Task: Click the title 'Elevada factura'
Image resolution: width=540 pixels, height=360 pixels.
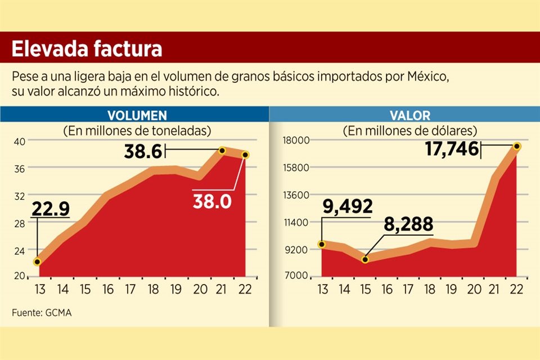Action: pos(87,49)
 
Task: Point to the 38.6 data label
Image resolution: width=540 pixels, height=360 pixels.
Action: pos(143,151)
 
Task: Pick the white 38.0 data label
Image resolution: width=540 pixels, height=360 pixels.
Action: pos(212,201)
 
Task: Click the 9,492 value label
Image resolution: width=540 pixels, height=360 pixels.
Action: pos(347,208)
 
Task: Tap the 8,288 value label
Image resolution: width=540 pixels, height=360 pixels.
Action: pos(409,224)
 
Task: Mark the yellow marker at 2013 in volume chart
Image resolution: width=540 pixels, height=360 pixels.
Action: pos(37,262)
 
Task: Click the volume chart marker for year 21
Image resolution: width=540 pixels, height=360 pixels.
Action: pos(222,151)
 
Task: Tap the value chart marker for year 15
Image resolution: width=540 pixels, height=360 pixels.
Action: pos(365,259)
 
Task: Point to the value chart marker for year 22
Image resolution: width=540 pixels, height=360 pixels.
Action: pos(516,146)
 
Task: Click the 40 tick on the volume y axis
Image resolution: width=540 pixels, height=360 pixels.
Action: pos(19,141)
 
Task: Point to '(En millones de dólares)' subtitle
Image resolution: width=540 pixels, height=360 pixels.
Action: pos(409,130)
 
